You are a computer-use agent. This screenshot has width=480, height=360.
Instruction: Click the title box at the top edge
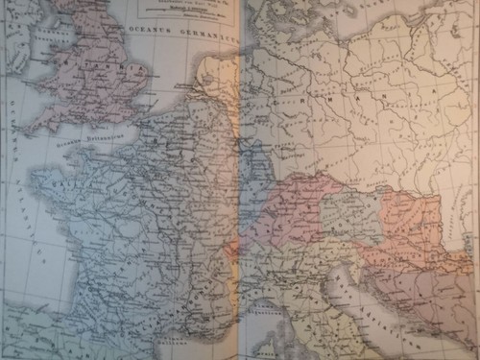coord(182,9)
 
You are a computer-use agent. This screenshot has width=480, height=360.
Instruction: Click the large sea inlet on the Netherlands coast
coord(216,77)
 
